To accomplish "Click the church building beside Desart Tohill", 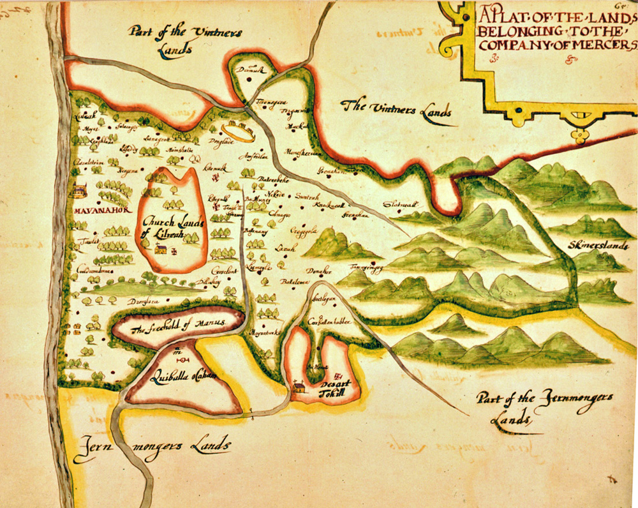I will coord(299,387).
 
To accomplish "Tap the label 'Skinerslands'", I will coord(600,245).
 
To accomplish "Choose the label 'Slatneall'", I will coord(400,205).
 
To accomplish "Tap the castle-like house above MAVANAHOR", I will coord(79,190).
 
